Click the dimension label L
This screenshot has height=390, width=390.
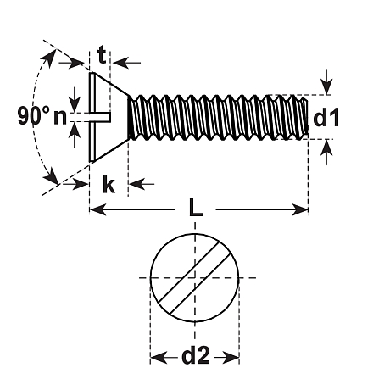197,208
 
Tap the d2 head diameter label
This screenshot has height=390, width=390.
196,357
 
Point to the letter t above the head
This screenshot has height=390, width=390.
102,56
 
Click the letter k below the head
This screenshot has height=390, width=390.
109,184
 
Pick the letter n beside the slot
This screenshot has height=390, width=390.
59,117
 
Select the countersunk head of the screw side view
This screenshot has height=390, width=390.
106,116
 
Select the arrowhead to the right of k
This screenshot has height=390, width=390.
136,184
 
